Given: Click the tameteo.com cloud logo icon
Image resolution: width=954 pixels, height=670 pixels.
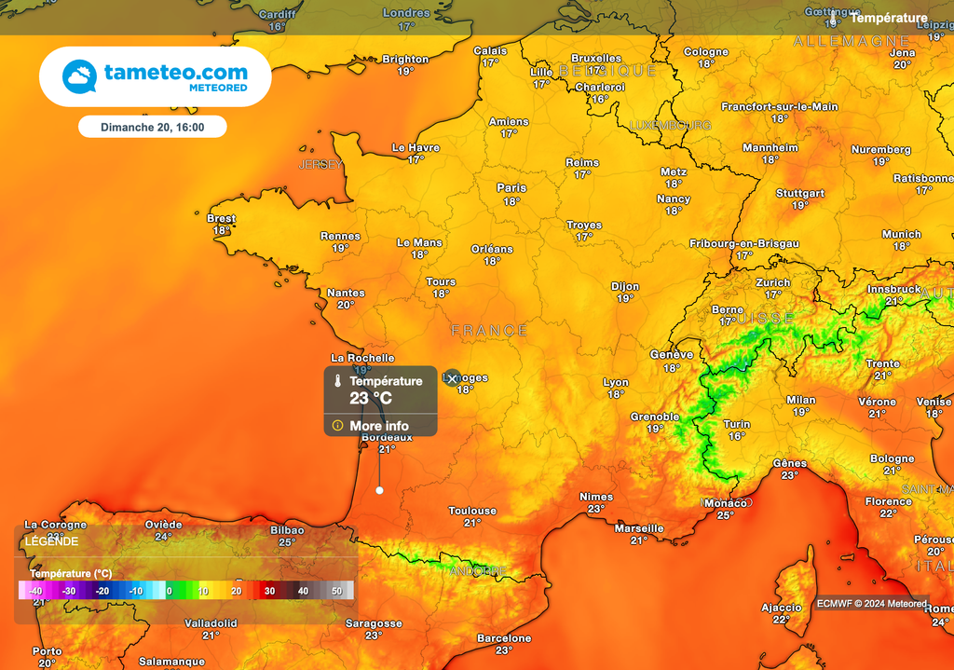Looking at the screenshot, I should coord(79,76).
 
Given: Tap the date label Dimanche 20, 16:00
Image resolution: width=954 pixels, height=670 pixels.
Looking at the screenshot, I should coord(152,127).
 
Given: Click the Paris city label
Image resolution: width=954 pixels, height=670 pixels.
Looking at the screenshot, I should coord(511,188).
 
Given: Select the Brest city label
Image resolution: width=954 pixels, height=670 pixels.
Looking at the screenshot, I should coord(221,219).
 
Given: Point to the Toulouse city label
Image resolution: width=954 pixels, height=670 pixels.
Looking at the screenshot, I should coord(472,511).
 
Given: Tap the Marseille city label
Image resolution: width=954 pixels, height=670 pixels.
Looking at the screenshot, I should coord(639,528).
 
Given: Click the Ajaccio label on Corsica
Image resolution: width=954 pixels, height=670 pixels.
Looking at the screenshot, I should coord(781,608).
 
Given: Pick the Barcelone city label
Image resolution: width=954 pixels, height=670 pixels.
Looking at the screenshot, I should coord(504,638).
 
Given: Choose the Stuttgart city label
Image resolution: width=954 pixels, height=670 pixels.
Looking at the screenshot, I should coord(800,194).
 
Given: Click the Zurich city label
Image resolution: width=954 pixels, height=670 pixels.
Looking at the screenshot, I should coord(773,282).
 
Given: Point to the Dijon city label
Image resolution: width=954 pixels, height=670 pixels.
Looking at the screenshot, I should coord(625,287).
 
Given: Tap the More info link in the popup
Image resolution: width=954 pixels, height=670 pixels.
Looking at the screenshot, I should coord(379,426).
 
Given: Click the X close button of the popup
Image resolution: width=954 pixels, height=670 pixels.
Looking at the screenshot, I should coord(452,378).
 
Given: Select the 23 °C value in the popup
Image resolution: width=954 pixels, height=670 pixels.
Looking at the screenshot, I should coord(371,398).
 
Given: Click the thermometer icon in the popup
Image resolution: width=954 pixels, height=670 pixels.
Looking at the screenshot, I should coord(337,381).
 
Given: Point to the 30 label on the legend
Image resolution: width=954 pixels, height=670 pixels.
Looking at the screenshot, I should coord(268,591).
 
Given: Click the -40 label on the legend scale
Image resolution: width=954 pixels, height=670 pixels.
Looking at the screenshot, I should coord(35,591).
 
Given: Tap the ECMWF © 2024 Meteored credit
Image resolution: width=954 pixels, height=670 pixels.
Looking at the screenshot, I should coord(871,604).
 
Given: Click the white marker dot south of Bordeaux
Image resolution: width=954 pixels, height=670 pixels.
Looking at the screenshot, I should coord(379,490).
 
